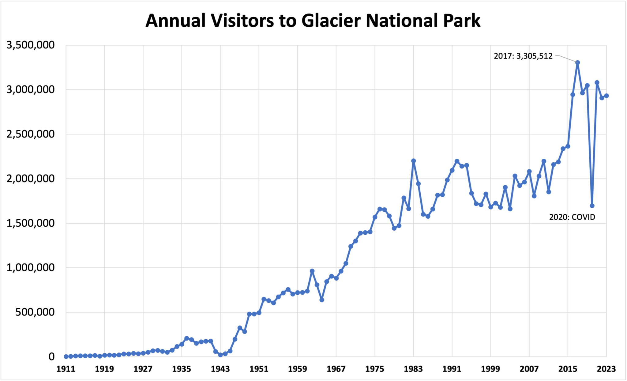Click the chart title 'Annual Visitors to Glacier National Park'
pos(313,21)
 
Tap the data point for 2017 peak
pos(578,62)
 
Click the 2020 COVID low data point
pos(592,206)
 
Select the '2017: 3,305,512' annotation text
pos(523,56)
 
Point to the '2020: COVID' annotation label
pos(572,217)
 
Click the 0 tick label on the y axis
pos(51,356)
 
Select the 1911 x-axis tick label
pos(66,369)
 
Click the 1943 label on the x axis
pos(220,369)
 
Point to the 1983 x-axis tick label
pos(413,369)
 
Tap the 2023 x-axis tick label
pos(606,369)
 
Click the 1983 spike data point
pos(413,161)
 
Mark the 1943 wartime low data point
pos(220,355)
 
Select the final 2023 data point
pos(606,96)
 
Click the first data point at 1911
pos(66,356)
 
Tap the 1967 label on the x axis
pos(336,369)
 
